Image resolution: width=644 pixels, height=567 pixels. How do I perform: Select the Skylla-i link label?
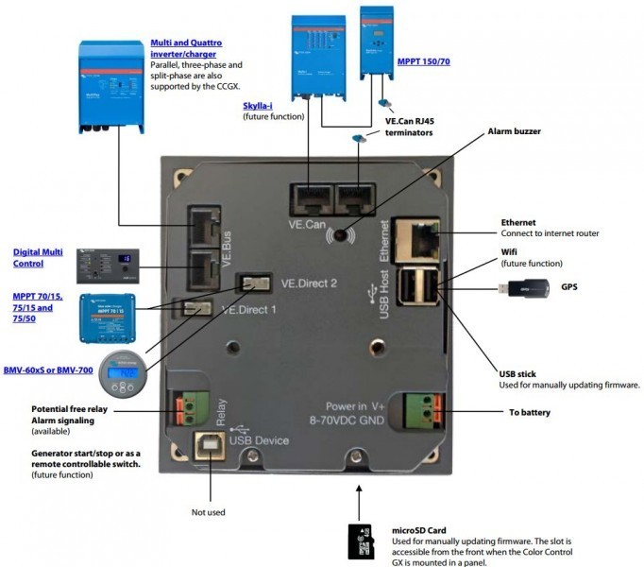coord(260,107)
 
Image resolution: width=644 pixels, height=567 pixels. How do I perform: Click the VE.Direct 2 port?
coord(252,283)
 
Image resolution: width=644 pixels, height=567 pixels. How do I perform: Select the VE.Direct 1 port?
coord(197,309)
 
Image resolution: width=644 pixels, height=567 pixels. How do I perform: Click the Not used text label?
coord(209,512)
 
